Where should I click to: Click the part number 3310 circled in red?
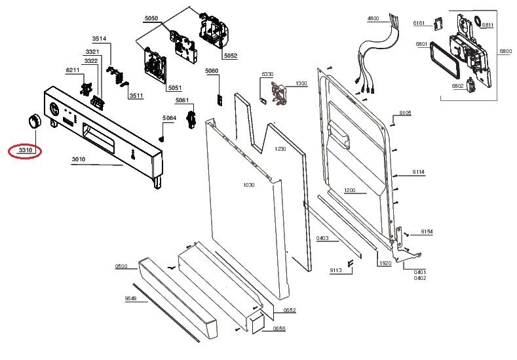pyautogui.click(x=26, y=150)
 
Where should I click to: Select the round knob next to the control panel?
pyautogui.click(x=34, y=121)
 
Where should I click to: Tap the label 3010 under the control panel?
pyautogui.click(x=79, y=159)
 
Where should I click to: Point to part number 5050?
pyautogui.click(x=151, y=18)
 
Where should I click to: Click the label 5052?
pyautogui.click(x=231, y=56)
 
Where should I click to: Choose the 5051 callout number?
pyautogui.click(x=175, y=88)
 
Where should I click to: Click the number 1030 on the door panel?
pyautogui.click(x=249, y=185)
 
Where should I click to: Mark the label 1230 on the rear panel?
pyautogui.click(x=280, y=149)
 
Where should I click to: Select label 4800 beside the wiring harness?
pyautogui.click(x=373, y=19)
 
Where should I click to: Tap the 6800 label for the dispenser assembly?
pyautogui.click(x=506, y=51)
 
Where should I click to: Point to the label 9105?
pyautogui.click(x=405, y=113)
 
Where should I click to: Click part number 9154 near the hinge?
pyautogui.click(x=427, y=232)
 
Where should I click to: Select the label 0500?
pyautogui.click(x=121, y=267)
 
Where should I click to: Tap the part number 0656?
pyautogui.click(x=279, y=329)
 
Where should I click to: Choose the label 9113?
pyautogui.click(x=335, y=271)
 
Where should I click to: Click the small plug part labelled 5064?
pyautogui.click(x=162, y=138)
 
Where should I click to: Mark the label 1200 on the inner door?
pyautogui.click(x=350, y=190)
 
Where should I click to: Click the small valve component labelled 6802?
pyautogui.click(x=469, y=85)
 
